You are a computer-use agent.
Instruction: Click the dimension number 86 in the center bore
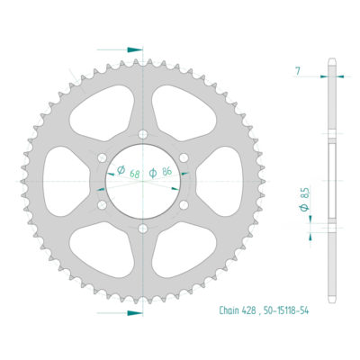[168, 171]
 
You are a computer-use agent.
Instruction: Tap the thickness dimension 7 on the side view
[298, 69]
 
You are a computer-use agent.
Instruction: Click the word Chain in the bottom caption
[230, 310]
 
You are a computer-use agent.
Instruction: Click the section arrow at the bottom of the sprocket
[132, 312]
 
